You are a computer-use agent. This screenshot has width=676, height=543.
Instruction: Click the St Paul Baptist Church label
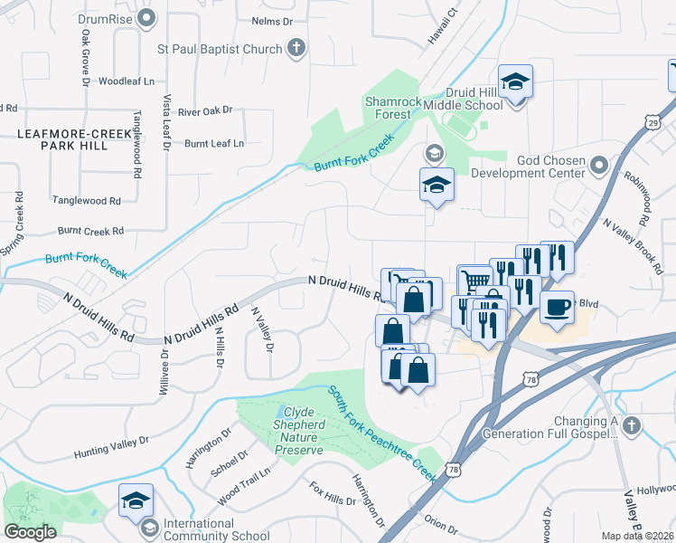click(220, 49)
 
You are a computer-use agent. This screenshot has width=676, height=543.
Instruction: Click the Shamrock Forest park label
click(393, 108)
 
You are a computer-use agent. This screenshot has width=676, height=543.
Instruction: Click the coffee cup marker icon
click(557, 308)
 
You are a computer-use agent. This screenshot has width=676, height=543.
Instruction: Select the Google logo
click(31, 531)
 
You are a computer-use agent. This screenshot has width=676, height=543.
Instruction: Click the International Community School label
click(204, 529)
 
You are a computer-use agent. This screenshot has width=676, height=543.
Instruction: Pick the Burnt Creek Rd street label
click(90, 232)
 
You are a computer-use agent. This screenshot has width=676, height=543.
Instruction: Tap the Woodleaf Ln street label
click(127, 81)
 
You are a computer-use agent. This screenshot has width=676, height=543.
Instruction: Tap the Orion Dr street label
click(441, 524)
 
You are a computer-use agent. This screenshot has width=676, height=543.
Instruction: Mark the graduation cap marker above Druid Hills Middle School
click(515, 81)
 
